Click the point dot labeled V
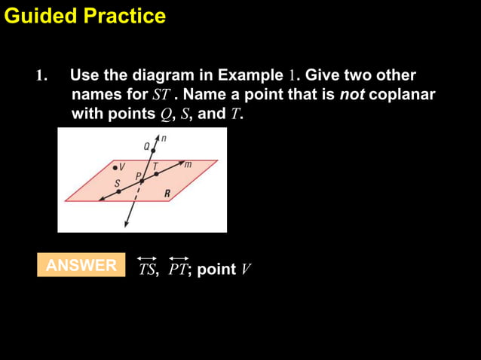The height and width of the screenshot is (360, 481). [x=115, y=167]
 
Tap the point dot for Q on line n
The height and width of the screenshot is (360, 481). [x=153, y=151]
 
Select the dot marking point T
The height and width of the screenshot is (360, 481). [x=156, y=174]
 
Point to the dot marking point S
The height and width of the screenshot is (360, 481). [x=118, y=191]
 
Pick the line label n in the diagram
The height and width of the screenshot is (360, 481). [x=164, y=139]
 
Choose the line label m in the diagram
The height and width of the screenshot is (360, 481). [x=188, y=164]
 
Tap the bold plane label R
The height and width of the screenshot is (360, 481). [x=167, y=194]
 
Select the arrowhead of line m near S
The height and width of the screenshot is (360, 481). [x=104, y=197]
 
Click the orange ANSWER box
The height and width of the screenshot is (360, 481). [x=81, y=265]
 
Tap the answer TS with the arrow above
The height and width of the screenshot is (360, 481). [x=148, y=269]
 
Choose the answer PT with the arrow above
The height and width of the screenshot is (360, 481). [x=179, y=269]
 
